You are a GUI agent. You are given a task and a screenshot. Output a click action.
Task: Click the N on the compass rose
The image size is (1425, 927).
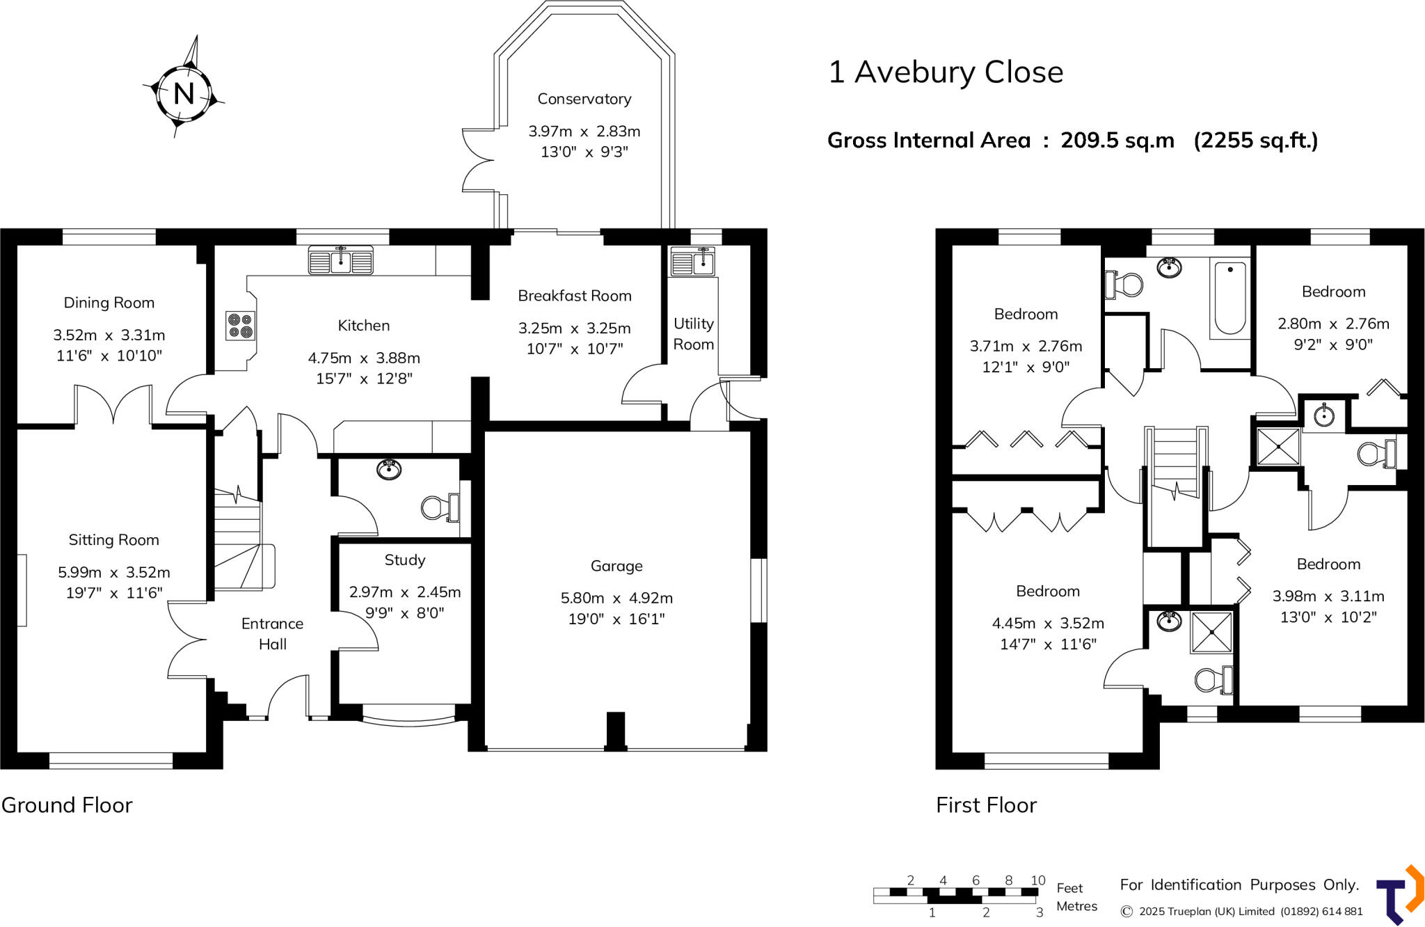coord(184,93)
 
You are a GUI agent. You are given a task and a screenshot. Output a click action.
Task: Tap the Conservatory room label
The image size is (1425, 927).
coord(584,99)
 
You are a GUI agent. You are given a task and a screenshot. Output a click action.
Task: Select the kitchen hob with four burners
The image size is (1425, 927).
coord(241,326)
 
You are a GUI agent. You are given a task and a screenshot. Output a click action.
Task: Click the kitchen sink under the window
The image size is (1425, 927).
coord(340,261)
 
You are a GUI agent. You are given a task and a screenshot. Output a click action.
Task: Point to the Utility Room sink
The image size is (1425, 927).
coord(692,262)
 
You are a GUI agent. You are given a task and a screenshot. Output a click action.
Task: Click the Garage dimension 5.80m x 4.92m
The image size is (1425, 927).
coord(616,598)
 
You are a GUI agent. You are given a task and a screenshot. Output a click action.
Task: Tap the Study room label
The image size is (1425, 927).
coord(404,560)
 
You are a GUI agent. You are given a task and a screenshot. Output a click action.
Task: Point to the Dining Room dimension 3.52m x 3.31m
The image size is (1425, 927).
coord(109,335)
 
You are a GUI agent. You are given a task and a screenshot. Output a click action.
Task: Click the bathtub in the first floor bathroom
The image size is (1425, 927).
coord(1229,298)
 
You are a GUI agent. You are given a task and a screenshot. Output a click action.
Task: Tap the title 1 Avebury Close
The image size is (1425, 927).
coord(945,72)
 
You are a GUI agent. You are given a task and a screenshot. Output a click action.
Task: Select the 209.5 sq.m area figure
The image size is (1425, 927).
coord(1117,141)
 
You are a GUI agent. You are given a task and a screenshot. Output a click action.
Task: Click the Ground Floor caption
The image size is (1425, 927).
coord(67,805)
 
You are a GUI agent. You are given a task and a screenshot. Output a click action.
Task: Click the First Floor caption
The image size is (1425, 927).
coord(986,805)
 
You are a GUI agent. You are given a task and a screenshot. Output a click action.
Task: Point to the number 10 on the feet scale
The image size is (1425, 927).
coord(1037,880)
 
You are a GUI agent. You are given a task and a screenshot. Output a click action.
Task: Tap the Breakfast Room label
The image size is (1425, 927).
coord(574,296)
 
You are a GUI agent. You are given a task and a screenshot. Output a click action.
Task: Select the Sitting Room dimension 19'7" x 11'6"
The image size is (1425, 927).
coord(114,593)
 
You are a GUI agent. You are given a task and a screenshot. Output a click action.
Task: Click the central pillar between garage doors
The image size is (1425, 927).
coord(615,731)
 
